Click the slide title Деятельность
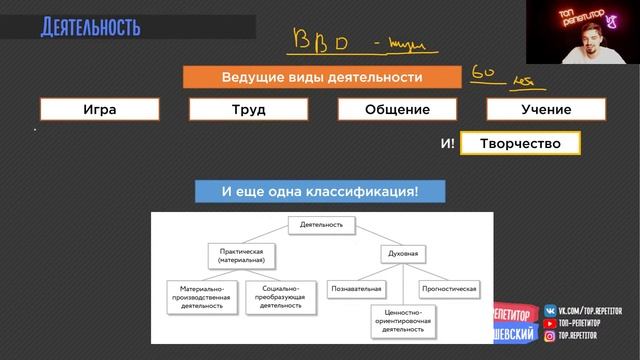90,25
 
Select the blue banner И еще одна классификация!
319,190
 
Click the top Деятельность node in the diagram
321,225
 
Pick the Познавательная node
357,288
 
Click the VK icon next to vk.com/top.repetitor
551,311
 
